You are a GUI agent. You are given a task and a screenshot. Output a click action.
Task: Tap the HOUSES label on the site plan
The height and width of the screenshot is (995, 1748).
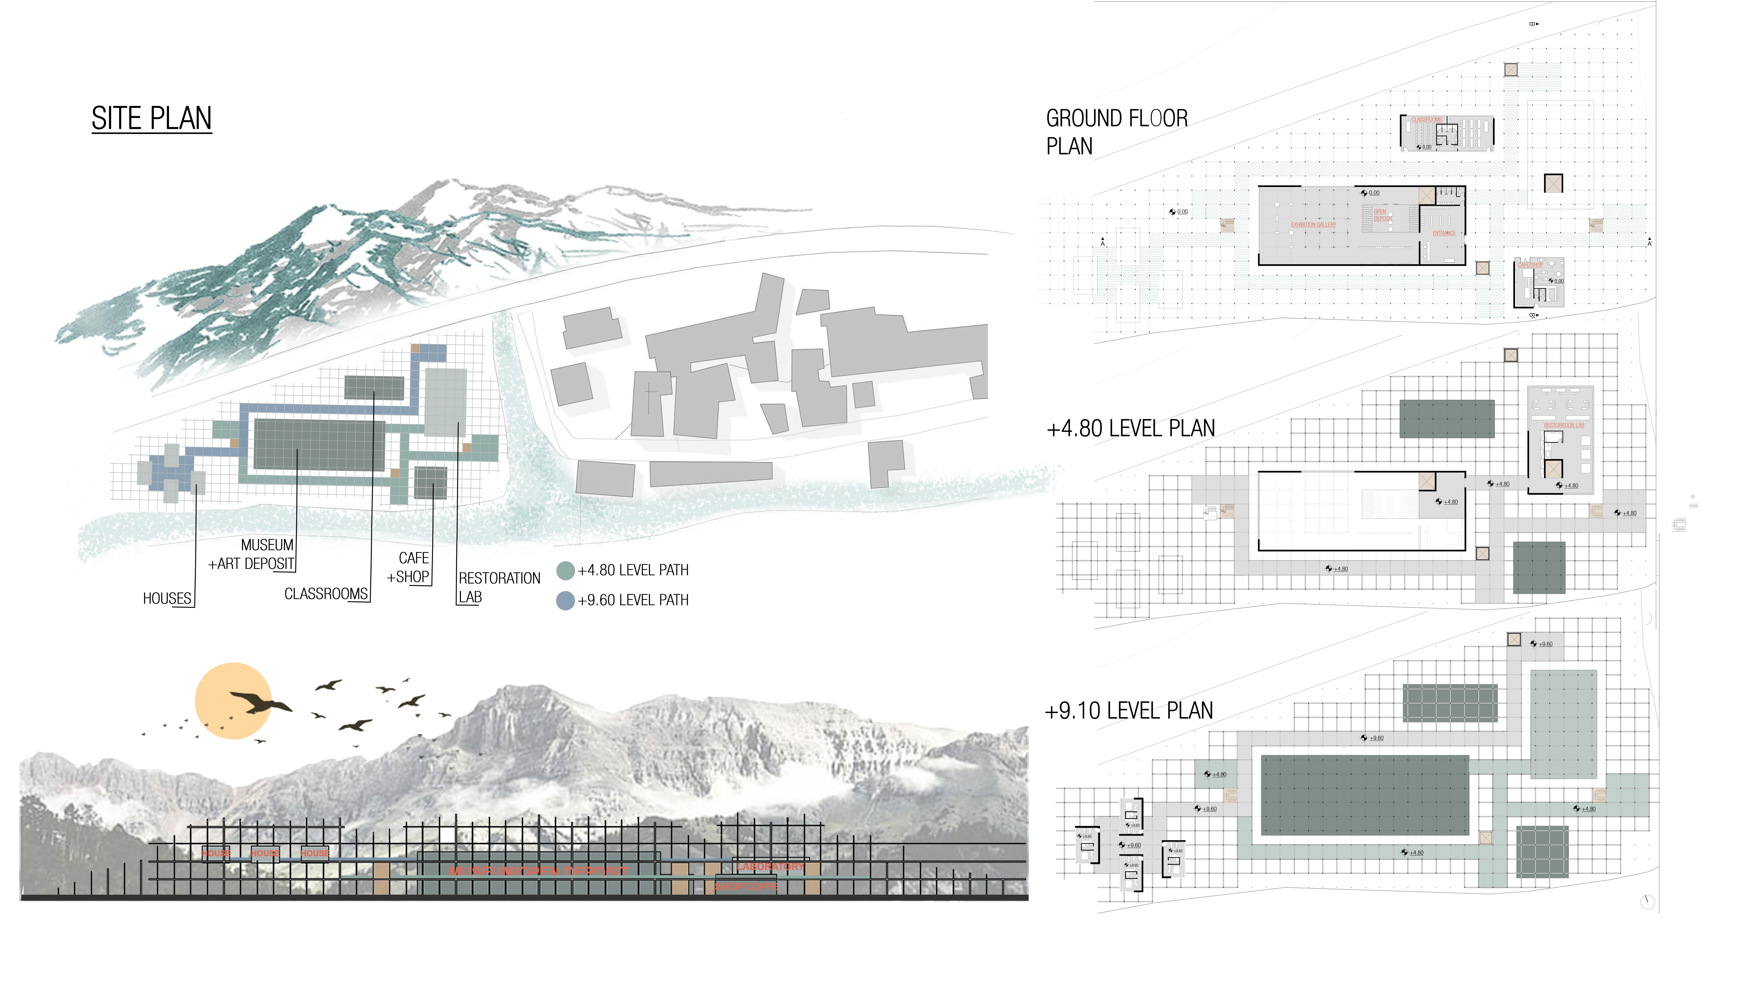167,599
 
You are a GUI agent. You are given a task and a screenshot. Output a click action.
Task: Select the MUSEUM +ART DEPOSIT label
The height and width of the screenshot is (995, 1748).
252,554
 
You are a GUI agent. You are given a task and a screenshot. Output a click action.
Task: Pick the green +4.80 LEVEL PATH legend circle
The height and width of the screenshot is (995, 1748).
565,571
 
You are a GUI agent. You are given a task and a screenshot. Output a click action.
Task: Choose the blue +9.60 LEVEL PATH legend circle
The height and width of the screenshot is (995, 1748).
565,601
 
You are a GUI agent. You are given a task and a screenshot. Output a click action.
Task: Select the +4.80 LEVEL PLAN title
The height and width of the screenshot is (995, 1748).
1130,429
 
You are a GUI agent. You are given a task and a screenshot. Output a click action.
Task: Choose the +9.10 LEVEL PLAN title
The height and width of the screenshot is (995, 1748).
1129,711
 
